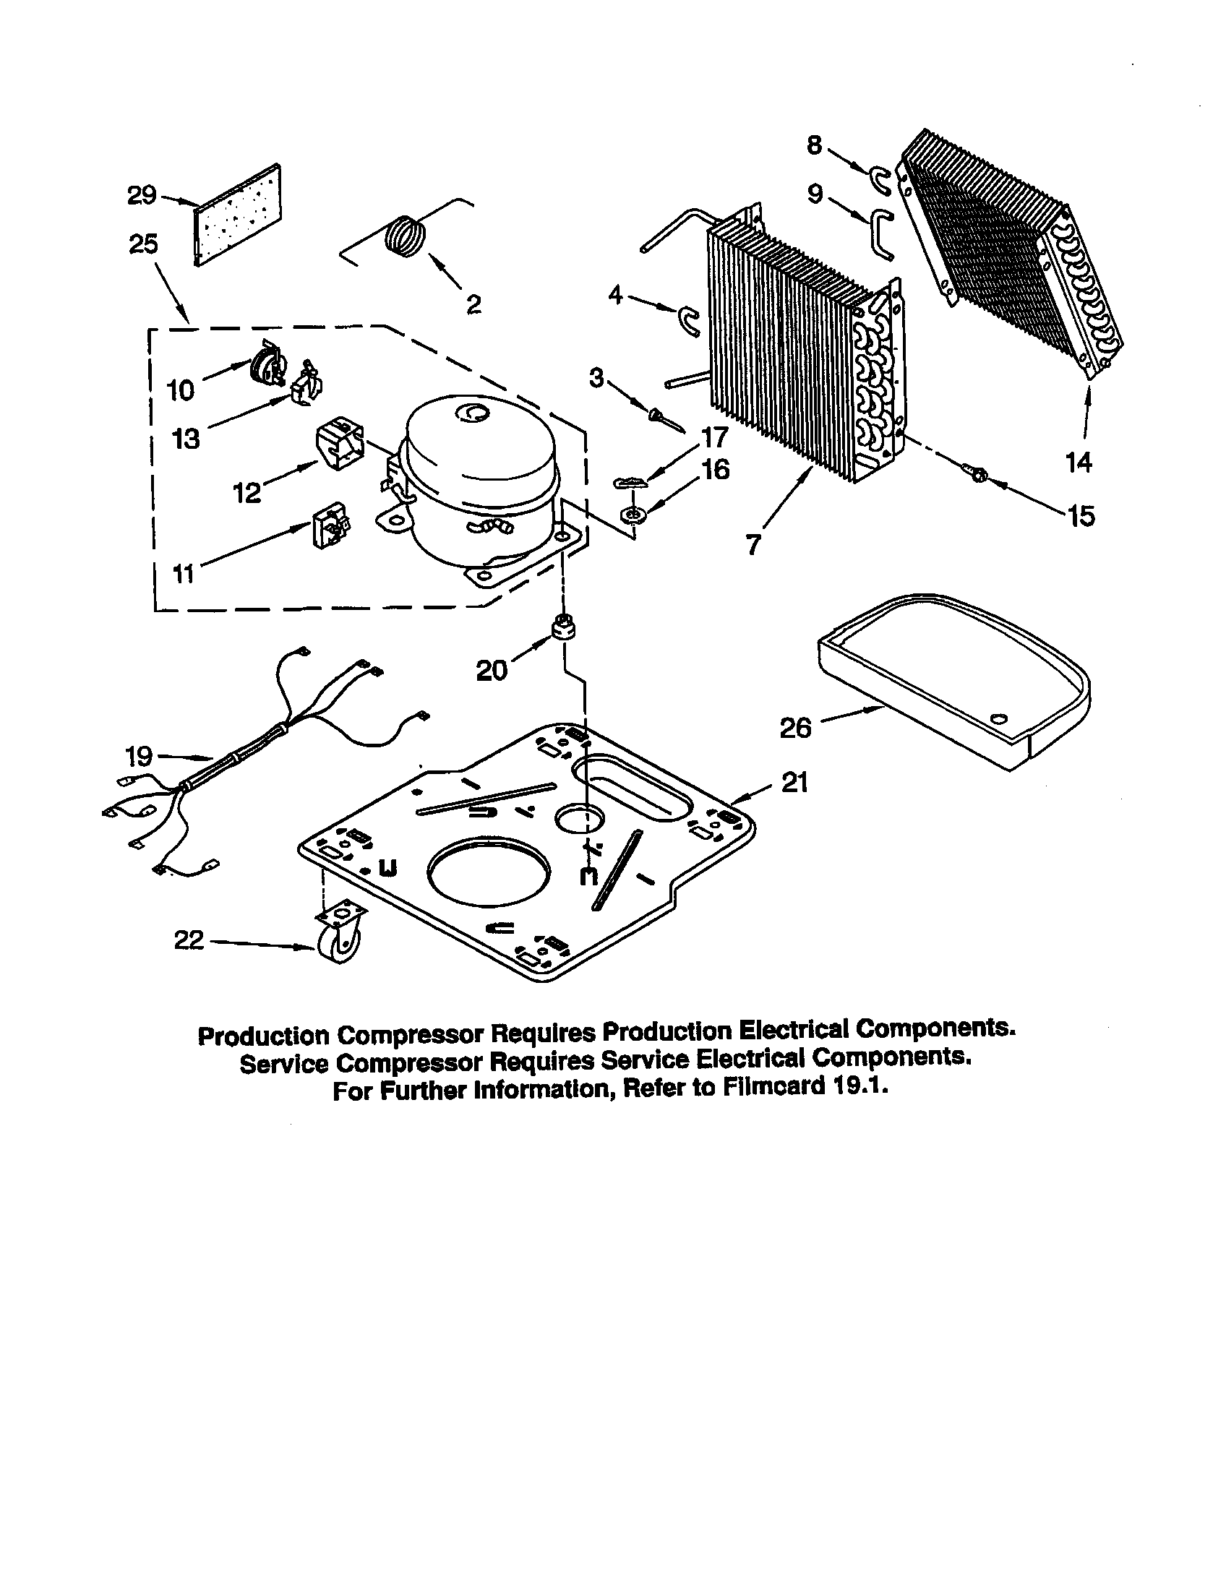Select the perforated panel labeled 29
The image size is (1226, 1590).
pos(239,215)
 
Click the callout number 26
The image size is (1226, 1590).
pos(795,727)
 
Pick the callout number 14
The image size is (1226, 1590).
pos(1079,462)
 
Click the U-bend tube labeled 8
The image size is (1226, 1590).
pos(879,179)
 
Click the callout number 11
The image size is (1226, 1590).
pos(184,574)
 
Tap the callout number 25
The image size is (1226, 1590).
pos(143,244)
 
